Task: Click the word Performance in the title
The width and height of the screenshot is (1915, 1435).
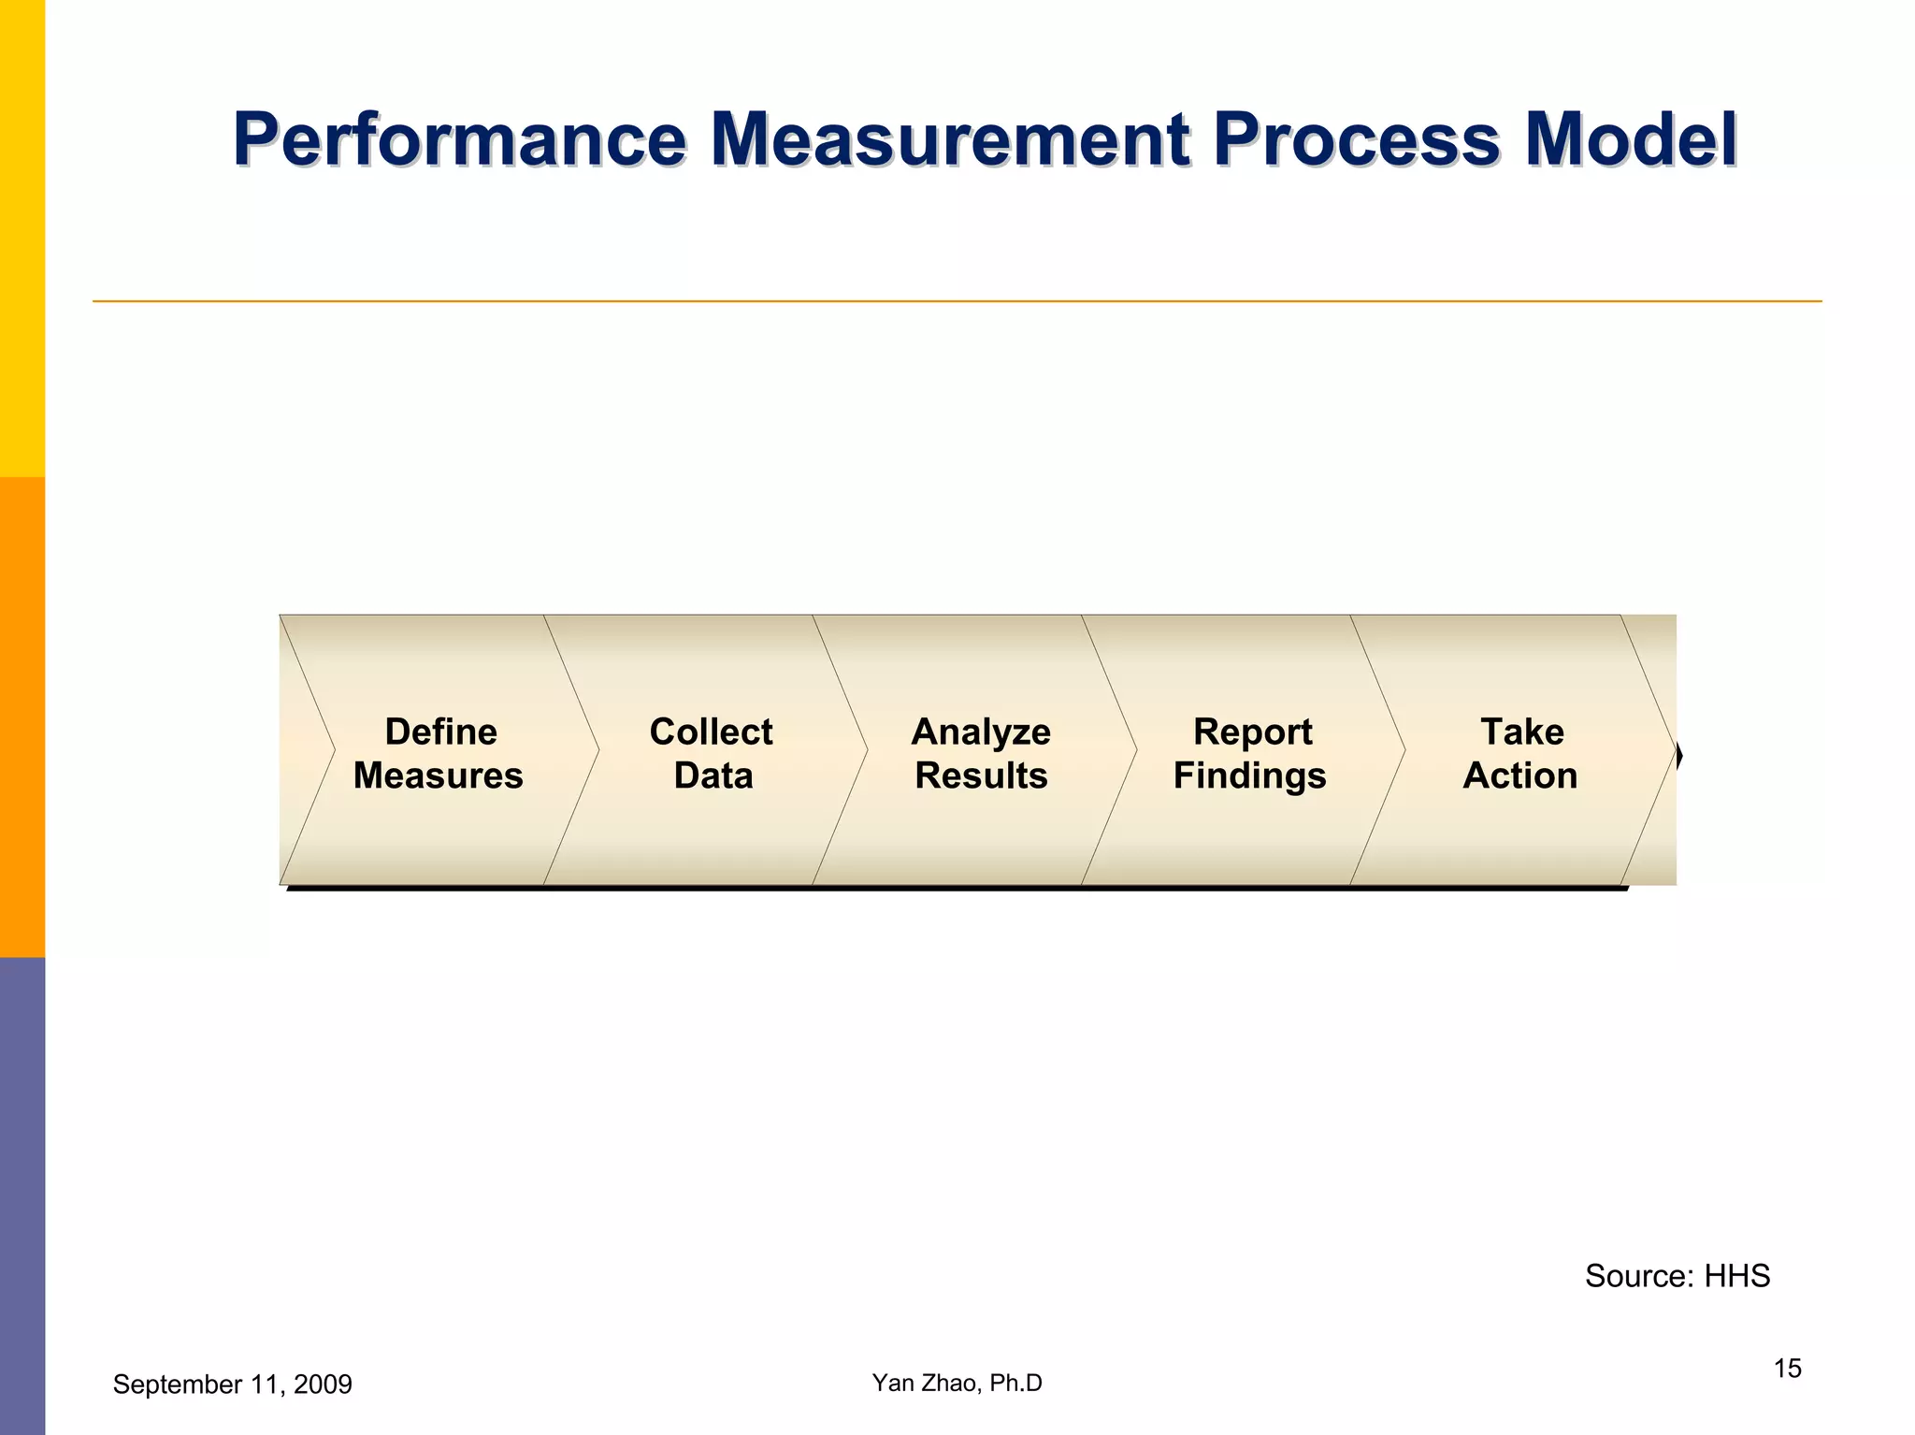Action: (459, 140)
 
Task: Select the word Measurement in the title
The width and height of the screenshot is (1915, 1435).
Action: (950, 140)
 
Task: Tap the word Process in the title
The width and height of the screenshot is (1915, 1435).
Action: (1357, 140)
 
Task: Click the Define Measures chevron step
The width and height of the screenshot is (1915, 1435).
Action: (439, 752)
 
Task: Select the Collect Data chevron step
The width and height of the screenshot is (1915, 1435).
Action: (712, 752)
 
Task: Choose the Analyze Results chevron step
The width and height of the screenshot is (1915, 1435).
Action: (981, 752)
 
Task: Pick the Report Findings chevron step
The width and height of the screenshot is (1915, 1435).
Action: (1250, 752)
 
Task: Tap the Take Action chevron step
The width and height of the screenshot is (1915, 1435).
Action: (1520, 752)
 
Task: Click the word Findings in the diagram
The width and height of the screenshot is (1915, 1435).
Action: (1249, 775)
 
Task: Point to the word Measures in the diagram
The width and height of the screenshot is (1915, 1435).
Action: (438, 775)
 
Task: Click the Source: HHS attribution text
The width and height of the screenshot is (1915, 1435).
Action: (1677, 1276)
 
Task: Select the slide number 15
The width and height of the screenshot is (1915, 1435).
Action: (1787, 1369)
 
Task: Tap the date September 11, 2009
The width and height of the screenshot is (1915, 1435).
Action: (232, 1384)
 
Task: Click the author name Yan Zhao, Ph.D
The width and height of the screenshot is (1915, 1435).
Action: (957, 1383)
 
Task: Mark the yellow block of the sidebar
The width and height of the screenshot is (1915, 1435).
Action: (22, 239)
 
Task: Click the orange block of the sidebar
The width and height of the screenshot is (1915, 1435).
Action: (22, 717)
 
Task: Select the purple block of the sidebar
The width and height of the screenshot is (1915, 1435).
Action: (22, 1196)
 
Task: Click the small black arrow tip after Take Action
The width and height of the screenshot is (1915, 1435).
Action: (1679, 756)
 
